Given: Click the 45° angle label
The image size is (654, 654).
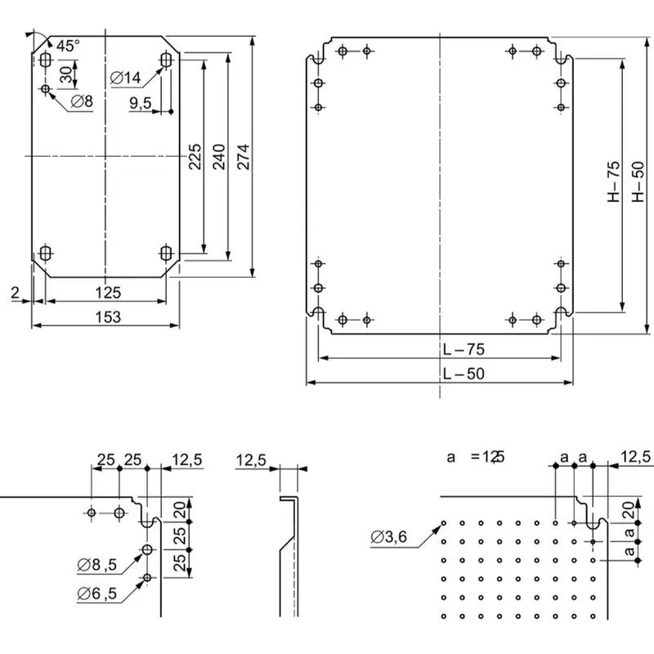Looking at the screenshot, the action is (x=68, y=46).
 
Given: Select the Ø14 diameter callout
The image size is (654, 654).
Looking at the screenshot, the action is (x=126, y=78).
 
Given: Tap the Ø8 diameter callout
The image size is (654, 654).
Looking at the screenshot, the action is (x=82, y=101).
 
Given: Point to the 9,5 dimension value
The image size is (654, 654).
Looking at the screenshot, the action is (x=141, y=103).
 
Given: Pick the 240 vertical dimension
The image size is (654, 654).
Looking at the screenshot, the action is (x=219, y=156).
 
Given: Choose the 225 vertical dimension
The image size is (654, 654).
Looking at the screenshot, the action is (x=195, y=156).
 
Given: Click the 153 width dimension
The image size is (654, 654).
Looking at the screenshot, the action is (x=108, y=317).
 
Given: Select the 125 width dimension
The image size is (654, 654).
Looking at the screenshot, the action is (x=108, y=293).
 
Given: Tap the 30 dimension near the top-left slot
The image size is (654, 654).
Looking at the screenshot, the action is (x=66, y=74).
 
